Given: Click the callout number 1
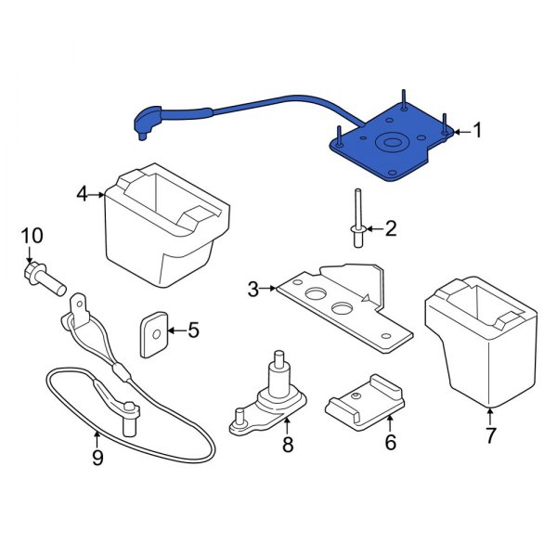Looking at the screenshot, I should coord(478,131).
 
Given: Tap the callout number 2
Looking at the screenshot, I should coord(390,227).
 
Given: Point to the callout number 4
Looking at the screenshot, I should coord(82,194).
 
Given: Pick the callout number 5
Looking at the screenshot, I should coord(193,330).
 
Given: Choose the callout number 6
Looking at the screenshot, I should coord(390,443).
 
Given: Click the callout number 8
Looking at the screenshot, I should coord(288,446).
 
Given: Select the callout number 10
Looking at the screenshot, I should coord(32,237).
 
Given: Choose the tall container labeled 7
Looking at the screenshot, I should coord(483,343).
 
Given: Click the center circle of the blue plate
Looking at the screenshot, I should coord(388,144).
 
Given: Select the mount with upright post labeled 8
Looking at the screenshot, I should coord(276,395).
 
